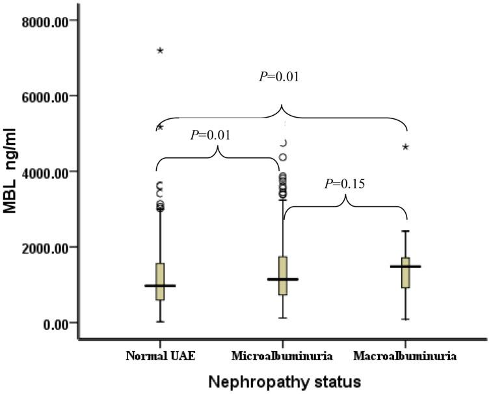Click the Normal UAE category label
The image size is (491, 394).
[159, 356]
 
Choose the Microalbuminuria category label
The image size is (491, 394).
[282, 356]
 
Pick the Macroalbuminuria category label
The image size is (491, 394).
[404, 356]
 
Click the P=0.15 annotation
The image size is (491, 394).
[345, 184]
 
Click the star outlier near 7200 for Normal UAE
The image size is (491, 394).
[160, 51]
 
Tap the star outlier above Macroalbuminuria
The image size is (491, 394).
[406, 147]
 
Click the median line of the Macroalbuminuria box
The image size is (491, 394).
[405, 267]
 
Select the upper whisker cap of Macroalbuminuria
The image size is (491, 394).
[405, 231]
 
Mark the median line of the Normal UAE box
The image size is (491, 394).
[159, 285]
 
